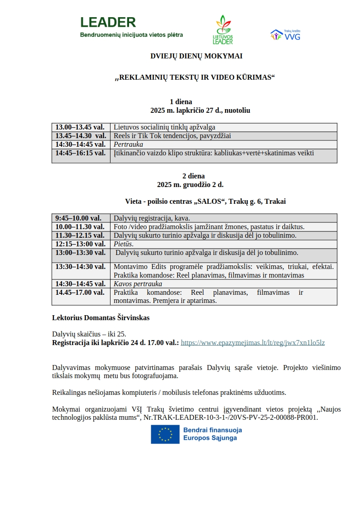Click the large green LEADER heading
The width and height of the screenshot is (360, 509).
(108, 22)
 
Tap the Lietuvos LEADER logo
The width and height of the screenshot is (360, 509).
(222, 30)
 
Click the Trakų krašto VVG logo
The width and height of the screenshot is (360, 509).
(285, 35)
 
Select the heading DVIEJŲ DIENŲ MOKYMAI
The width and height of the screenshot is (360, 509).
(196, 56)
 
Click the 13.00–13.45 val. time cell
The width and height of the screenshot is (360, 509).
(80, 127)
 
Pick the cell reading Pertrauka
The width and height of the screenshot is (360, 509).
(128, 144)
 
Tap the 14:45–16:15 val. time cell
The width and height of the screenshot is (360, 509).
(81, 153)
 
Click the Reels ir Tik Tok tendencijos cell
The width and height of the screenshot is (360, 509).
(172, 136)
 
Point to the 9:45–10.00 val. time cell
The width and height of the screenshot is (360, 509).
(78, 218)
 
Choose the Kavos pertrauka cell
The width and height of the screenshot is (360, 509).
(138, 284)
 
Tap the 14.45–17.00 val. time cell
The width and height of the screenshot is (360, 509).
(80, 293)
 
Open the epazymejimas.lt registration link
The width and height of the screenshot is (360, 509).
(253, 343)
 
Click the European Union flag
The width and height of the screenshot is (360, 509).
(165, 434)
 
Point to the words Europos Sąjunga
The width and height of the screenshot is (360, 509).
(210, 438)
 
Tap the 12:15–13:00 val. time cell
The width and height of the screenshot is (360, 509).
(80, 244)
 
